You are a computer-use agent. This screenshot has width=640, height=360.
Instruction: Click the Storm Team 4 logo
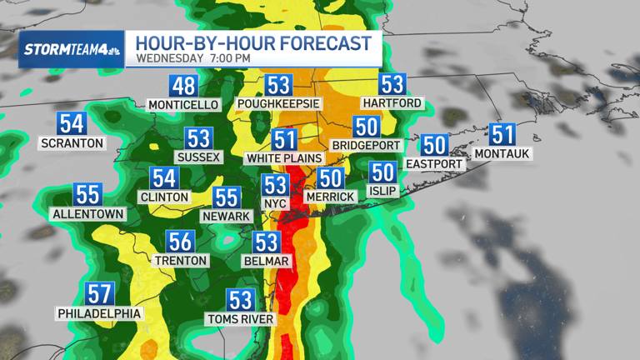(72, 49)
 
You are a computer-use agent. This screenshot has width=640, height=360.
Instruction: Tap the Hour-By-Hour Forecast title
(253, 42)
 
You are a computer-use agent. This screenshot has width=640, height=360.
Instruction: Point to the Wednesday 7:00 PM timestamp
(192, 58)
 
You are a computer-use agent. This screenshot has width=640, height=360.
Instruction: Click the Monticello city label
(183, 105)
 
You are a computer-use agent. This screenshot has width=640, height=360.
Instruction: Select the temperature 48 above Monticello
(183, 86)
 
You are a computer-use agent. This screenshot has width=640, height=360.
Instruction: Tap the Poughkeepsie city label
(278, 104)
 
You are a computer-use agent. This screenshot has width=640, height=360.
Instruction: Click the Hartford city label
(392, 103)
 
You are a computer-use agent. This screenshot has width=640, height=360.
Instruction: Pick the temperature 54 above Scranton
(72, 123)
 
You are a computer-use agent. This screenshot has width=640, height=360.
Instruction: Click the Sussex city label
(198, 157)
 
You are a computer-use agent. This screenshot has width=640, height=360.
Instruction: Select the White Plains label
(285, 157)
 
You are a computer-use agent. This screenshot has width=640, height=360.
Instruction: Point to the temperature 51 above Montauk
(502, 134)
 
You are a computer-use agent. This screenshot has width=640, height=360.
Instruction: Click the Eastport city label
(434, 163)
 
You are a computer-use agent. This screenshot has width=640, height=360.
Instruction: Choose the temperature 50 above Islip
(382, 172)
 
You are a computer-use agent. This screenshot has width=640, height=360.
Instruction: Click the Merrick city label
(330, 196)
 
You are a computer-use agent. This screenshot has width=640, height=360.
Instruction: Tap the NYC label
(275, 203)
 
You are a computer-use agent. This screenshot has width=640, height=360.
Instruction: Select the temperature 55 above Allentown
(87, 194)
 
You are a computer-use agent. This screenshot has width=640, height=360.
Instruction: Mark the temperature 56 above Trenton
(181, 241)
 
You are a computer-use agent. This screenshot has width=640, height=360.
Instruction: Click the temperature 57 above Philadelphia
(100, 293)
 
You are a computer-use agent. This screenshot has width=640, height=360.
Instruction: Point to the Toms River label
(240, 318)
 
